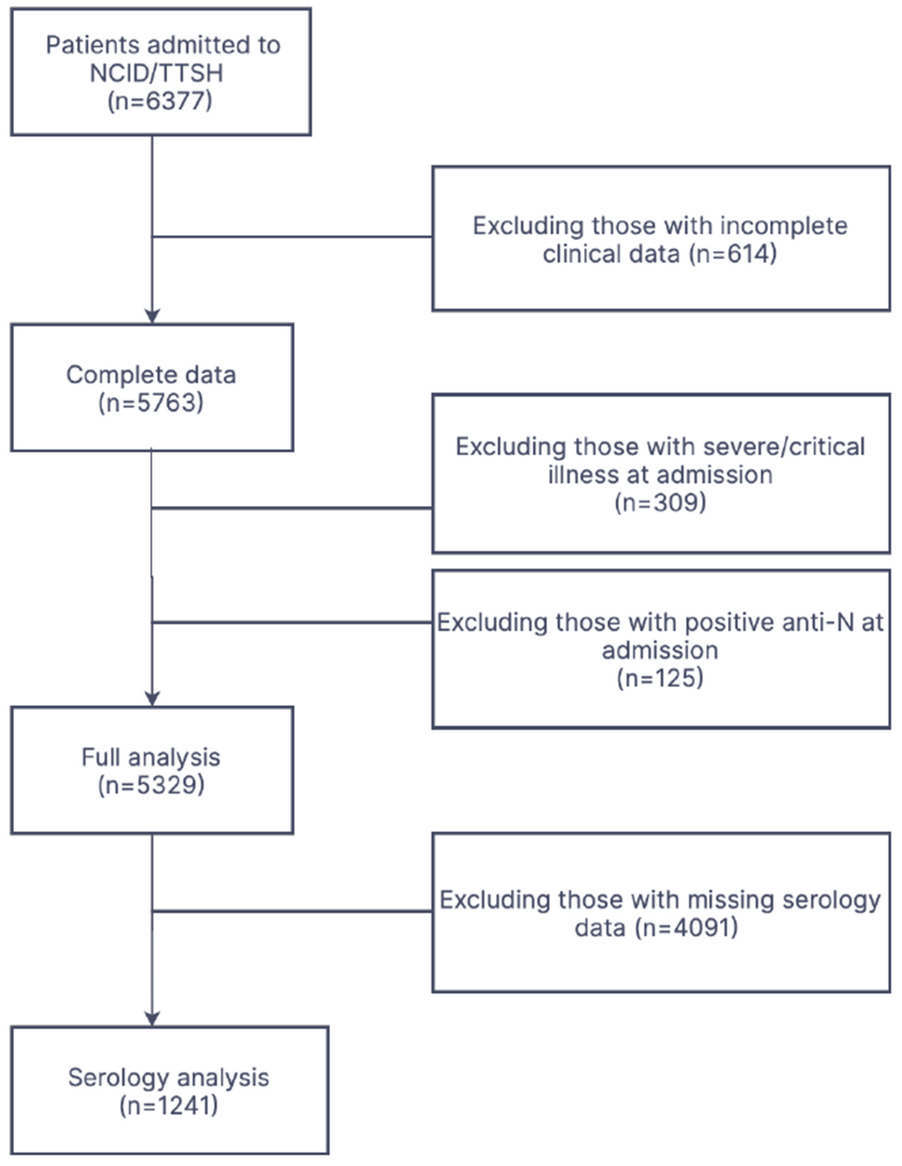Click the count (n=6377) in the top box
pos(160,101)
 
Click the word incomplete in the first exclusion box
pos(784,226)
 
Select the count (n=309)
pos(660,502)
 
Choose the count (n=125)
pos(660,678)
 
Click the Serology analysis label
pos(169,1078)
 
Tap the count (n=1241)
pos(169,1105)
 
